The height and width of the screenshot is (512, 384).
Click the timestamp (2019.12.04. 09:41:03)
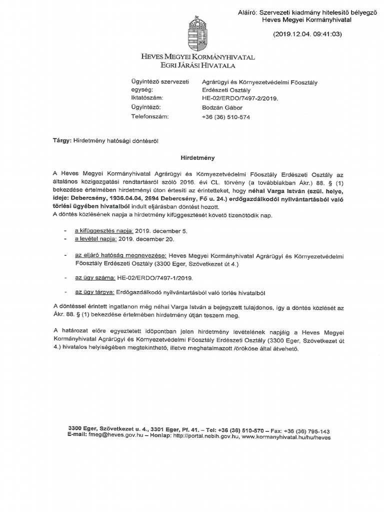307,34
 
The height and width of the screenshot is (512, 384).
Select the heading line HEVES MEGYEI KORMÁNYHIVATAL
198,57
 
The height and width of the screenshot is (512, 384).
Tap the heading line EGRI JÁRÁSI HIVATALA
198,65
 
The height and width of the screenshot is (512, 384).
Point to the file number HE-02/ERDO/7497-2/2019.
239,99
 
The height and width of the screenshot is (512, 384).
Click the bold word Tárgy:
62,142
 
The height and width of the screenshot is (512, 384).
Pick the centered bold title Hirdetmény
197,157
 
